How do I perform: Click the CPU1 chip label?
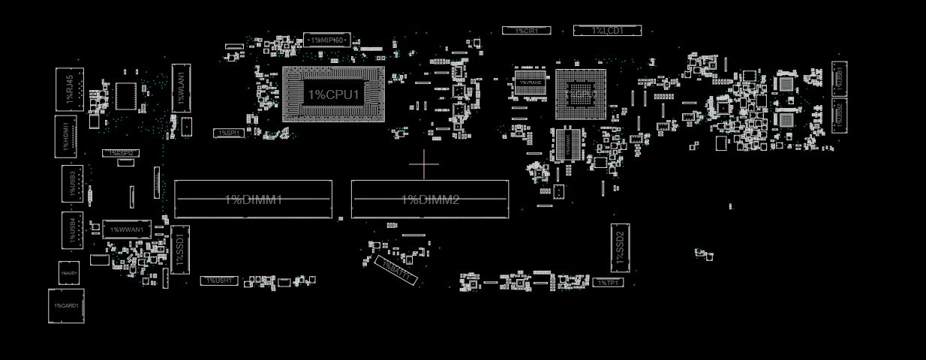coord(334,95)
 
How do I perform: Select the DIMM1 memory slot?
coord(253,199)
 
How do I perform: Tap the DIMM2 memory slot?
coord(430,199)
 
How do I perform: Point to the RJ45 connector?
coord(70,90)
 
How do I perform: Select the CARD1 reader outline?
coord(66,306)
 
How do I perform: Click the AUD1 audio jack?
coord(69,273)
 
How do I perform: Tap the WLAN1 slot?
coord(181,88)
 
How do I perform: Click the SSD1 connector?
coord(180,249)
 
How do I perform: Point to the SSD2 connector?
coord(620,247)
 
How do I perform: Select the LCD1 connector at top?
coord(607,30)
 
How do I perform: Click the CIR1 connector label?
coord(526,31)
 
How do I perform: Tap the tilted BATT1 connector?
coord(395,271)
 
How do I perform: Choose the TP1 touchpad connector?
coord(607,283)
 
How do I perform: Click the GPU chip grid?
coord(580,94)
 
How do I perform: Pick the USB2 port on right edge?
coord(839,115)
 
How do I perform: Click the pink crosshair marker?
coord(424,165)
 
